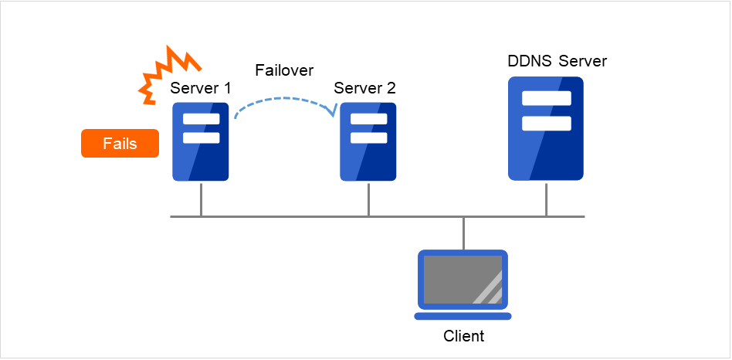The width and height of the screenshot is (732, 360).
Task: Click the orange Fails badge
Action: coord(120,144)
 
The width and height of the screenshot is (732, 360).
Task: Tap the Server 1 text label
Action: coord(201,88)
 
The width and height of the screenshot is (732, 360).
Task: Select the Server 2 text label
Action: coord(364,88)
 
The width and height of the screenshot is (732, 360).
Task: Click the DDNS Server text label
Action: coord(557,61)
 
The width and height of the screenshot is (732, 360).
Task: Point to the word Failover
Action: coord(284,70)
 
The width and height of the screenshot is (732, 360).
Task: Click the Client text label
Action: coord(463,336)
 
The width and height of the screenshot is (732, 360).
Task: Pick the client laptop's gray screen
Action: coord(463,279)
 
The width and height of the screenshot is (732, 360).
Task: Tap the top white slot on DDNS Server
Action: coord(546,98)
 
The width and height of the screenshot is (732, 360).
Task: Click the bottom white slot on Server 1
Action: coord(201,138)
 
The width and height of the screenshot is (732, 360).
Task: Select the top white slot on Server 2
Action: coord(368,119)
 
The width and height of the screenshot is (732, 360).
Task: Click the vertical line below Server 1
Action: coord(201,199)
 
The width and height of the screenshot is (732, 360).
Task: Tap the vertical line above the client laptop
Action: coord(463,233)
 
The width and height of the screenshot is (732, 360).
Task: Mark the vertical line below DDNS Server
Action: coord(546,199)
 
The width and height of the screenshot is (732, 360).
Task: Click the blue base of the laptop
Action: coord(463,316)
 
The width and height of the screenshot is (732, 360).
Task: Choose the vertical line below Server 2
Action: coord(368,199)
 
